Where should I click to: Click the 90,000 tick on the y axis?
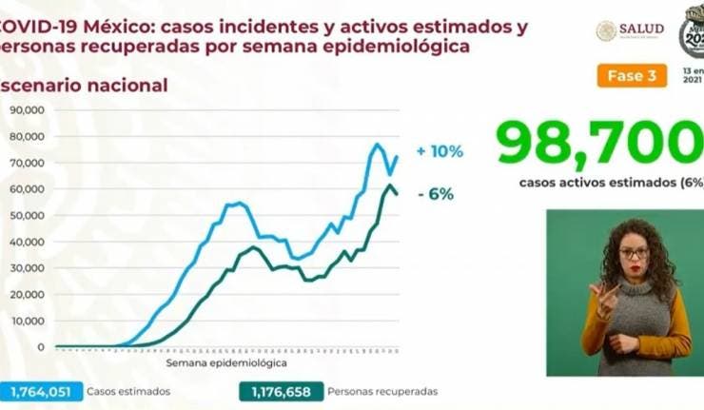(x=29, y=110)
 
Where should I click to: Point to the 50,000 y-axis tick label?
(x=29, y=216)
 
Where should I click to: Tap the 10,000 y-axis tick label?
(x=29, y=322)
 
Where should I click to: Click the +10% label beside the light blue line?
(x=440, y=151)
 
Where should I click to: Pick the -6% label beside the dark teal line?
(x=435, y=194)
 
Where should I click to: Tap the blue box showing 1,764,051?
(x=38, y=391)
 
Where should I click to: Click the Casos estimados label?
(x=128, y=391)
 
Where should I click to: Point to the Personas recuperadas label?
(x=382, y=391)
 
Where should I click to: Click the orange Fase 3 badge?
(x=632, y=76)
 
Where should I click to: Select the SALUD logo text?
(x=640, y=29)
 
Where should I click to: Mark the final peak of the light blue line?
(x=377, y=145)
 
